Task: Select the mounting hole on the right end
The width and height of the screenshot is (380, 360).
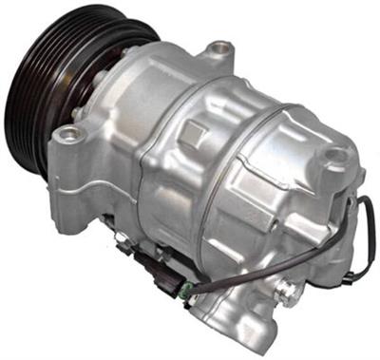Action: pos(334,156)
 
